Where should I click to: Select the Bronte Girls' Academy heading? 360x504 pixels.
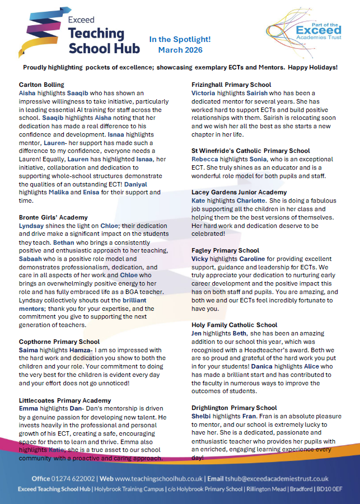[53, 217]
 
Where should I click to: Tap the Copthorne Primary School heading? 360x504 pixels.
[59, 342]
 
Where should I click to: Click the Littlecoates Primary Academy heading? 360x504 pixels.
[65, 400]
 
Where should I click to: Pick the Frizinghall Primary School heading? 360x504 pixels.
[231, 84]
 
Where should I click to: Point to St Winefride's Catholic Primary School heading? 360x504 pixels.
[250, 151]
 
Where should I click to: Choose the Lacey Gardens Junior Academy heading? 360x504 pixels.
[239, 192]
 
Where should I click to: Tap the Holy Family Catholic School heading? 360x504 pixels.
[234, 325]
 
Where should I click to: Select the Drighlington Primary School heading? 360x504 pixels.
[234, 408]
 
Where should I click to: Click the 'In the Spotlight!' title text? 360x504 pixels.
[180, 39]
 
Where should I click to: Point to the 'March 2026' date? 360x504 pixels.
[180, 50]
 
